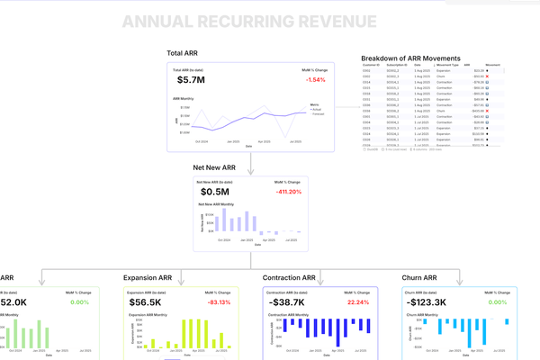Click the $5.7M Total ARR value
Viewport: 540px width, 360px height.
click(192, 80)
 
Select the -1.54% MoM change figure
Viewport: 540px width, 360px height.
click(314, 80)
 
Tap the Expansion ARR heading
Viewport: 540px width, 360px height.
click(152, 278)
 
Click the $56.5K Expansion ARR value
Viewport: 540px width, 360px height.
click(145, 302)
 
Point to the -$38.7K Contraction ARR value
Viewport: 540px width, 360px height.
click(288, 302)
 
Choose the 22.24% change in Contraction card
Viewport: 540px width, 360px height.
click(357, 302)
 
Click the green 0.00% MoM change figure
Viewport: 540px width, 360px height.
click(80, 302)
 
